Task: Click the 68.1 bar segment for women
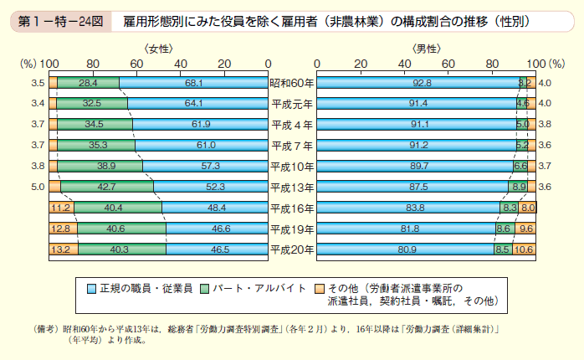click(x=193, y=83)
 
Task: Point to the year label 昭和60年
click(x=292, y=83)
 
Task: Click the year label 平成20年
click(x=292, y=249)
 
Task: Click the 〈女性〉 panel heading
click(x=156, y=49)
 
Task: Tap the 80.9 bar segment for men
click(x=408, y=249)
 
